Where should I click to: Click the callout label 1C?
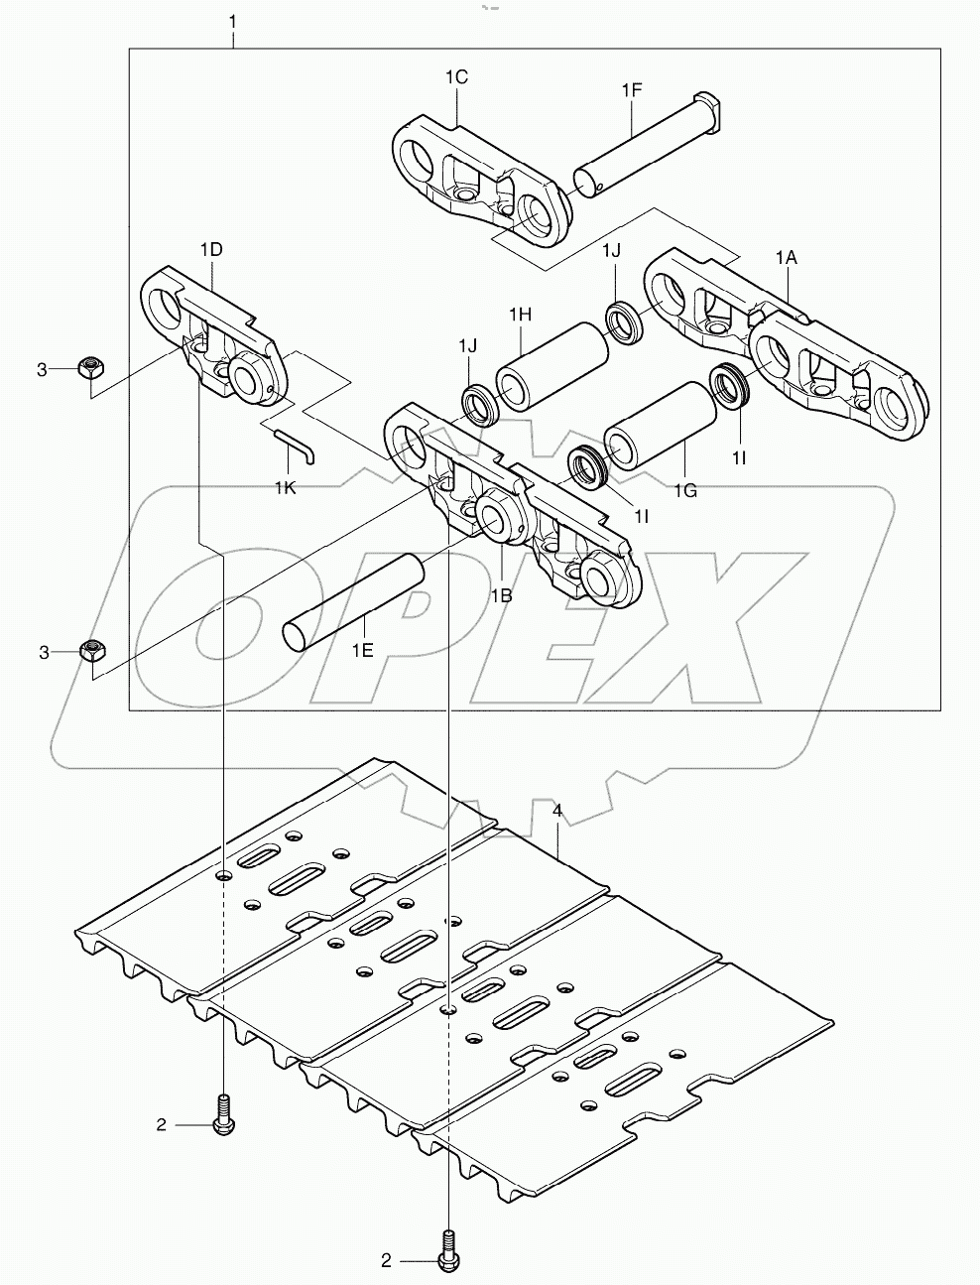(x=456, y=76)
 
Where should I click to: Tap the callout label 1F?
(x=632, y=90)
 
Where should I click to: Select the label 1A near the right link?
(x=786, y=257)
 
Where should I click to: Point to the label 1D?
(x=210, y=250)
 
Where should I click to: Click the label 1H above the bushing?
(x=521, y=315)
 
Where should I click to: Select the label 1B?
(x=502, y=595)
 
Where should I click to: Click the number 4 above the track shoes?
(x=557, y=811)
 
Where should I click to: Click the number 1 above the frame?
(x=232, y=20)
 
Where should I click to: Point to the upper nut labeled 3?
(x=91, y=368)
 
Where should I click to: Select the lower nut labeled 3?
(x=92, y=651)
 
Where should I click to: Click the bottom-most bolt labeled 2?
(x=447, y=1253)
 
